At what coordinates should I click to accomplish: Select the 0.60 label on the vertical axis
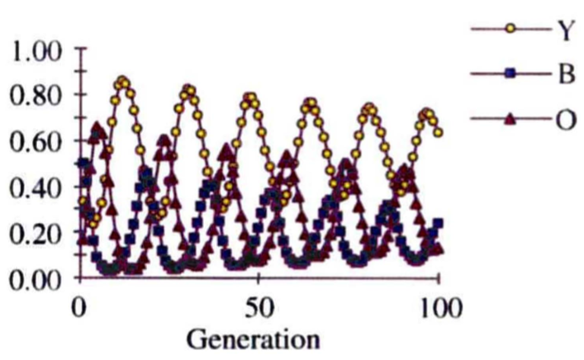[37, 142]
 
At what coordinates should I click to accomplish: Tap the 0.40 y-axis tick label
[37, 187]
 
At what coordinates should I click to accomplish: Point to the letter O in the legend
[564, 121]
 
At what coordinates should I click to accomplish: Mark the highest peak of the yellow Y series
[123, 82]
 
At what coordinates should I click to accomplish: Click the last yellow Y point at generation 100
[439, 132]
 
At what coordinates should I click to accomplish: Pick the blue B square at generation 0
[81, 163]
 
